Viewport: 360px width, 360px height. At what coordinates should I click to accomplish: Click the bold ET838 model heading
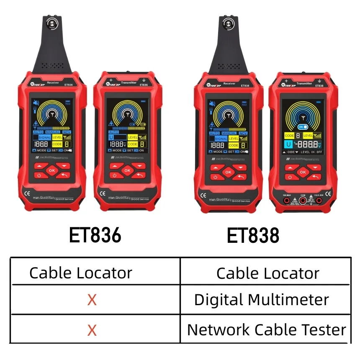pos(253,235)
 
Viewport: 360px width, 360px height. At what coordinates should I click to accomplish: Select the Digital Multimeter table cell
pos(262,300)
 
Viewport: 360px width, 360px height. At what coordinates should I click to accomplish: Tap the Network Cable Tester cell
pos(267,330)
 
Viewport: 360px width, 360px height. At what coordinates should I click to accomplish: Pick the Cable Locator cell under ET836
pos(81,273)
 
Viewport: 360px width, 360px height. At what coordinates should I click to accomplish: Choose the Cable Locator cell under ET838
pos(267,273)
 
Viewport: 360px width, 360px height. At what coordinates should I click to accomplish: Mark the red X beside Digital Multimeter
pos(92,300)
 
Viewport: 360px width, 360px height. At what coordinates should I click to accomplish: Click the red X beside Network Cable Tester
pos(92,330)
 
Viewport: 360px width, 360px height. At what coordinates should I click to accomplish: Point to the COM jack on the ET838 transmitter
pos(302,201)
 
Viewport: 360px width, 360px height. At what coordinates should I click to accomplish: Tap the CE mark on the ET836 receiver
pos(25,194)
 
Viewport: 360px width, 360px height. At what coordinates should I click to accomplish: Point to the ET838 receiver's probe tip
pos(228,24)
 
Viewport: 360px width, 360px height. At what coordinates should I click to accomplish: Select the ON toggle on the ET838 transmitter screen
pos(301,127)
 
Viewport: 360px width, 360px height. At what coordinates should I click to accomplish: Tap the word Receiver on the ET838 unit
pos(229,84)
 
